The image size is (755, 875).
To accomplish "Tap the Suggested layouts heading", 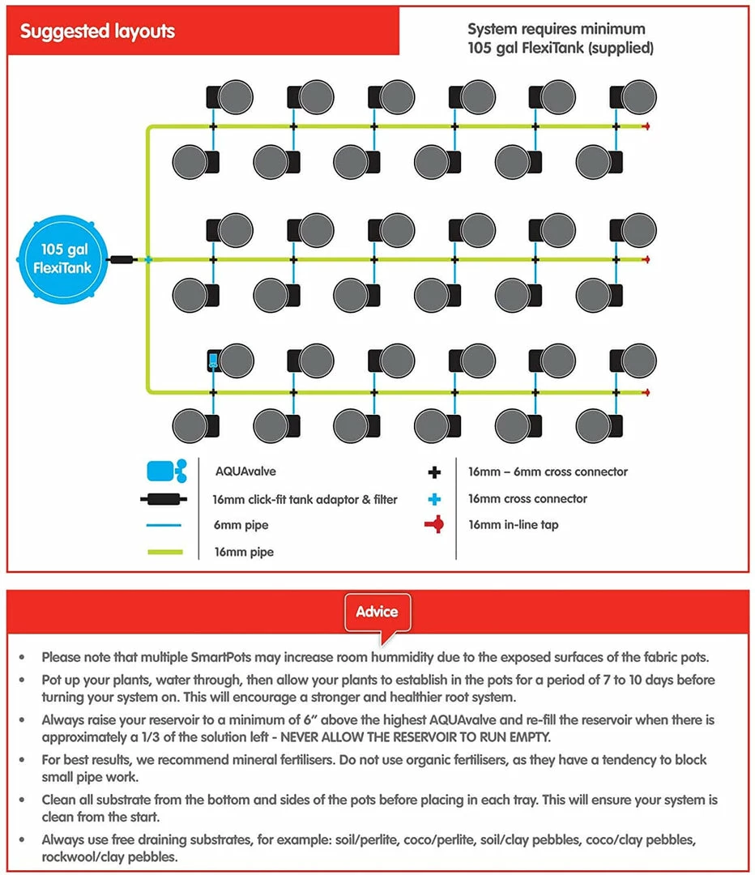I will [97, 32].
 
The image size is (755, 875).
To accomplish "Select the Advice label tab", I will [377, 611].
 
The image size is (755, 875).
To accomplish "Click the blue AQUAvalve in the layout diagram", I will [212, 361].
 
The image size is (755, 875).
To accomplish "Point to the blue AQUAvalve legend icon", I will [167, 471].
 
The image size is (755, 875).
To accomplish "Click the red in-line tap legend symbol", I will [434, 525].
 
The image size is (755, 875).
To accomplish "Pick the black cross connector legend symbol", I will [434, 472].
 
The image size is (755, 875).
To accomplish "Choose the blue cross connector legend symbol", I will [434, 498].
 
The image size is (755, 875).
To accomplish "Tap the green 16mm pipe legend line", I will [165, 553].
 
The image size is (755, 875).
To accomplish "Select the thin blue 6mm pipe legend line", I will [165, 525].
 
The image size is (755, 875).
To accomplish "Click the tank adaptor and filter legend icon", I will [165, 499].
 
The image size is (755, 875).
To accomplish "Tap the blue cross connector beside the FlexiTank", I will [147, 260].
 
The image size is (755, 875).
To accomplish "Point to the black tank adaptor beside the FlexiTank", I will [123, 260].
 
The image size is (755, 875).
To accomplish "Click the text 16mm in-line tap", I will [513, 525].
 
